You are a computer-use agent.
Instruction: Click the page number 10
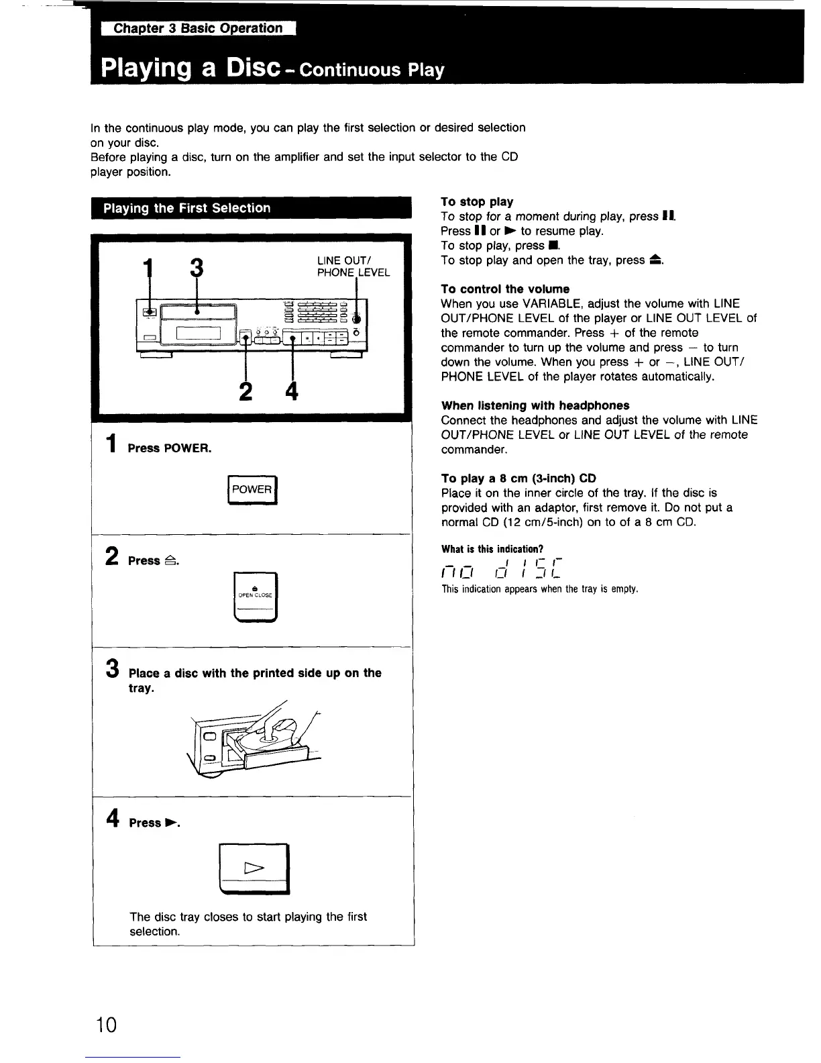[106, 1025]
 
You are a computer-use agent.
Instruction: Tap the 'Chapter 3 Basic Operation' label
[198, 28]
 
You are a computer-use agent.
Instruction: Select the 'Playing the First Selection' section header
[187, 208]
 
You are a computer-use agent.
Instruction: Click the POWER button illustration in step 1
[252, 490]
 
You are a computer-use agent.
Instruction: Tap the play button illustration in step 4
[255, 869]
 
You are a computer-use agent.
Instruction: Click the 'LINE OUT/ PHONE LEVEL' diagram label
[353, 266]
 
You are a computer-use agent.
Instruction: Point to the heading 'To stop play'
[477, 202]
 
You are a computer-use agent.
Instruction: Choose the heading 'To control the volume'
[505, 289]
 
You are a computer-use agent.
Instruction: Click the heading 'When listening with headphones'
[535, 405]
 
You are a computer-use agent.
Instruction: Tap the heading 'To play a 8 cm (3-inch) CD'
[518, 478]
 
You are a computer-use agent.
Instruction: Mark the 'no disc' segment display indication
[501, 568]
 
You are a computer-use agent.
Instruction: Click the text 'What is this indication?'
[492, 549]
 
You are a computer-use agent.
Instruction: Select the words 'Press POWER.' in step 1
[170, 448]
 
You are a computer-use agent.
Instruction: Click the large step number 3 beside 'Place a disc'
[113, 670]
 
